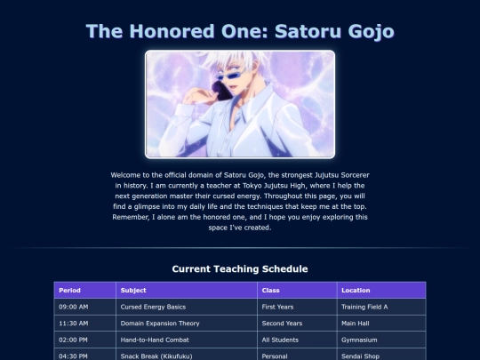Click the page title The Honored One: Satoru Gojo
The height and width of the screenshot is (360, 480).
[x=240, y=31]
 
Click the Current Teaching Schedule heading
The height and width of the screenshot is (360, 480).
[x=240, y=268]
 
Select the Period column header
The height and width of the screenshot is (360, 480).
[x=85, y=290]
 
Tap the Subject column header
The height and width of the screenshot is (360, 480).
[x=187, y=290]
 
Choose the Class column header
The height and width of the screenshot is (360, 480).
[x=297, y=290]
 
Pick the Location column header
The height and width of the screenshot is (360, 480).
[x=381, y=290]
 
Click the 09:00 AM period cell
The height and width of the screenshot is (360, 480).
[x=85, y=307]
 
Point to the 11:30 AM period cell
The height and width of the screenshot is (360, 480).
[x=85, y=324]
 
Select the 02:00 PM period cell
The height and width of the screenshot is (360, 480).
[x=85, y=340]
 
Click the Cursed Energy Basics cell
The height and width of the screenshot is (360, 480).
[x=187, y=307]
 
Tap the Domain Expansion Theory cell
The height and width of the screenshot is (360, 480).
[x=187, y=324]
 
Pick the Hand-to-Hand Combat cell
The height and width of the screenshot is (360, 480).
[x=187, y=340]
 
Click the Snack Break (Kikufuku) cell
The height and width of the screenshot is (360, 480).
[x=187, y=355]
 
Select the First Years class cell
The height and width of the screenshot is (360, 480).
[x=297, y=307]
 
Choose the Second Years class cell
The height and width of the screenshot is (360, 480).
[x=297, y=324]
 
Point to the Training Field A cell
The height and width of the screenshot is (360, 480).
[x=381, y=307]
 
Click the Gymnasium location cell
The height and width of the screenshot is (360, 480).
[x=381, y=340]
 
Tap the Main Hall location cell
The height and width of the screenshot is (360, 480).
[x=381, y=324]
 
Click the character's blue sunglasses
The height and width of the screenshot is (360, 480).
[x=231, y=75]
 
